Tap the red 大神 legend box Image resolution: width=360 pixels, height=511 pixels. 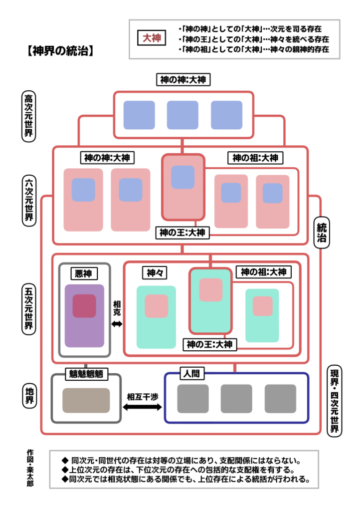[x=152, y=38]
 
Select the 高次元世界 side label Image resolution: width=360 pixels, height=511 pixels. [x=29, y=116]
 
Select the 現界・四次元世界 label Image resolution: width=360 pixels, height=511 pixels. [x=335, y=401]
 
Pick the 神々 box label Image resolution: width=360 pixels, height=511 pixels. [x=154, y=273]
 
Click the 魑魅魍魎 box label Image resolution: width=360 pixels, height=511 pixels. [x=86, y=374]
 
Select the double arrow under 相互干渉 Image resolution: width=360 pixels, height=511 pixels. [x=143, y=408]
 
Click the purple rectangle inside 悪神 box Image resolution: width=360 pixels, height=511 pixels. [x=84, y=316]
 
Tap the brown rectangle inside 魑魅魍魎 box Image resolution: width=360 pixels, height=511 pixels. [x=86, y=400]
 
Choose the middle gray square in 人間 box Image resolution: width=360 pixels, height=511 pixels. [x=236, y=399]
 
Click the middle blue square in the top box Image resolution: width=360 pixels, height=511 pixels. [x=182, y=115]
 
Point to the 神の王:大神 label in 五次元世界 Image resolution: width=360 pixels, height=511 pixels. [x=210, y=344]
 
